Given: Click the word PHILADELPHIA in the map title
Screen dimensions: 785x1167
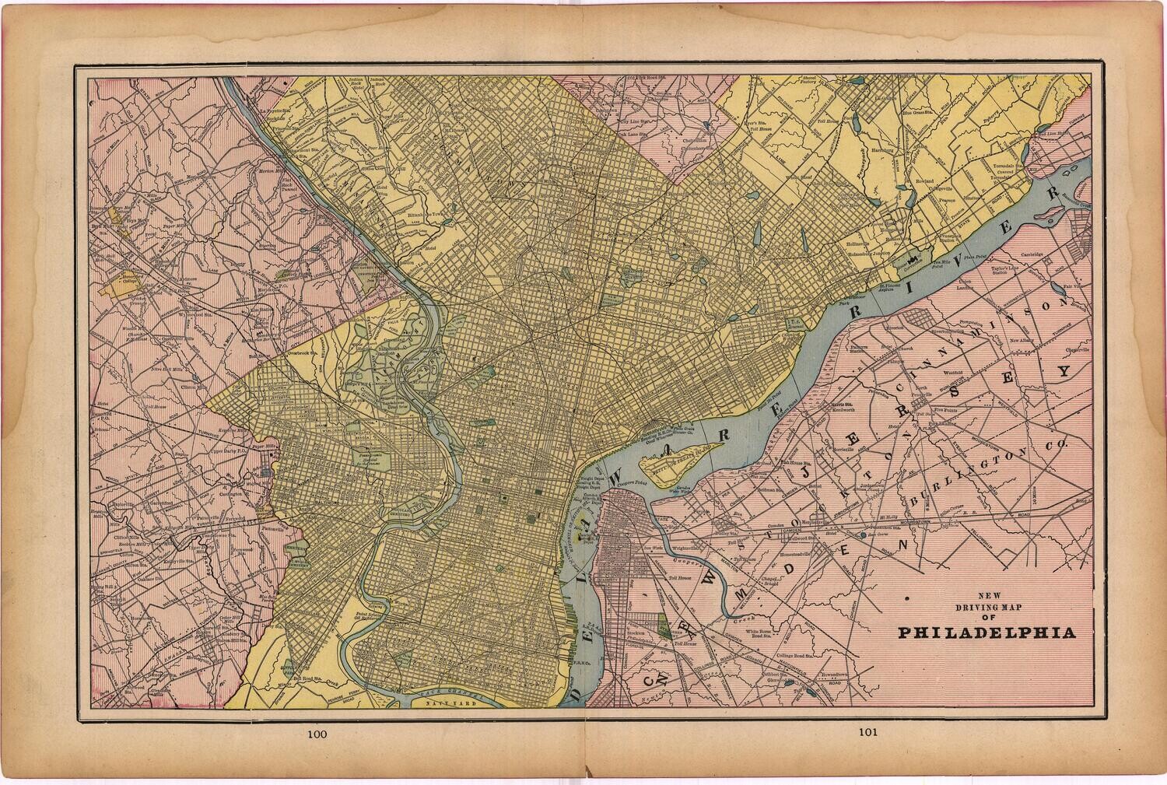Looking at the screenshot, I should coord(988,632).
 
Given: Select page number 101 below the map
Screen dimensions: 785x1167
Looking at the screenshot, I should coord(869,732).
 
